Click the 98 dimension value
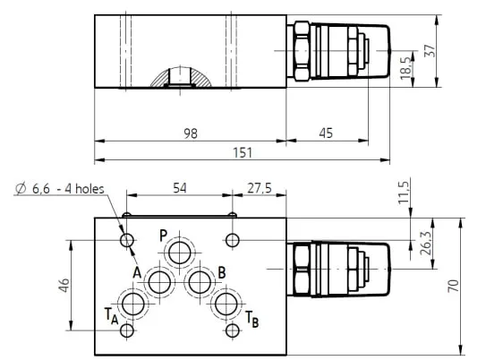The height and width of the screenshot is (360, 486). pyautogui.click(x=191, y=133)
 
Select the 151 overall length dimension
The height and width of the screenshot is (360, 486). pyautogui.click(x=243, y=152)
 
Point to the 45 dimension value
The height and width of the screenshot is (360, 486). pyautogui.click(x=326, y=133)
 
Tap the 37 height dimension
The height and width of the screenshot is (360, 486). pyautogui.click(x=430, y=50)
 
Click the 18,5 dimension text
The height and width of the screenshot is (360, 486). pyautogui.click(x=406, y=67)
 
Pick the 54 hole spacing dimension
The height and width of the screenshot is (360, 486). pyautogui.click(x=180, y=188)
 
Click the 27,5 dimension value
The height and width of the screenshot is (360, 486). pyautogui.click(x=260, y=188)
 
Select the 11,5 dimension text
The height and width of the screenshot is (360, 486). pyautogui.click(x=404, y=193)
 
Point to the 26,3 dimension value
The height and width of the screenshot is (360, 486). pyautogui.click(x=426, y=244)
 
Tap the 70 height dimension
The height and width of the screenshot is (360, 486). pyautogui.click(x=453, y=286)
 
